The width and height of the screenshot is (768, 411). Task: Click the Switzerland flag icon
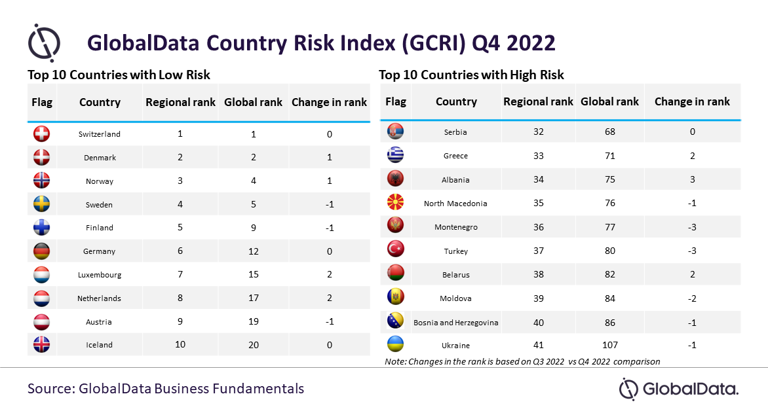tap(42, 134)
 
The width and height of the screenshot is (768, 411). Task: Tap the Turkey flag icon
tap(395, 249)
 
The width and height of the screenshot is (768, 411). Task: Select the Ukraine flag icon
tap(395, 344)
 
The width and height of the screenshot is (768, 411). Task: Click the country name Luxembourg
tap(100, 275)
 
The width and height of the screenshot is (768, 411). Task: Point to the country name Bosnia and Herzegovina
tap(455, 323)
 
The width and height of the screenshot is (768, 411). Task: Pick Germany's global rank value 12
tap(253, 251)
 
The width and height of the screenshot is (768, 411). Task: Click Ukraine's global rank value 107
tap(610, 345)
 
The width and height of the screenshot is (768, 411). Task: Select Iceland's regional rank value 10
tap(180, 344)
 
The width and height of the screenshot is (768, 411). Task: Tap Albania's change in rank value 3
tap(692, 179)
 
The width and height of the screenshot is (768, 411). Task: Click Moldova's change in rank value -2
tap(691, 298)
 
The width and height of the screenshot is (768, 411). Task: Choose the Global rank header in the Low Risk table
tap(253, 102)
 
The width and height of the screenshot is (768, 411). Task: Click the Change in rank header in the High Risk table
tap(692, 101)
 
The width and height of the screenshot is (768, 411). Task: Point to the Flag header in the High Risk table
tap(396, 102)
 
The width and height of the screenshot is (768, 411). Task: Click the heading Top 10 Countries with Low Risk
tap(119, 75)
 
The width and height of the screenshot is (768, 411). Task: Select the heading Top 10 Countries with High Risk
tap(471, 75)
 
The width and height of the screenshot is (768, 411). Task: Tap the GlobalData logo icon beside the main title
tap(44, 43)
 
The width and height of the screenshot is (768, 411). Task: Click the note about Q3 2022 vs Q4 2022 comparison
tap(522, 361)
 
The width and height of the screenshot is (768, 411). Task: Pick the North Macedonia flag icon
tap(395, 202)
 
